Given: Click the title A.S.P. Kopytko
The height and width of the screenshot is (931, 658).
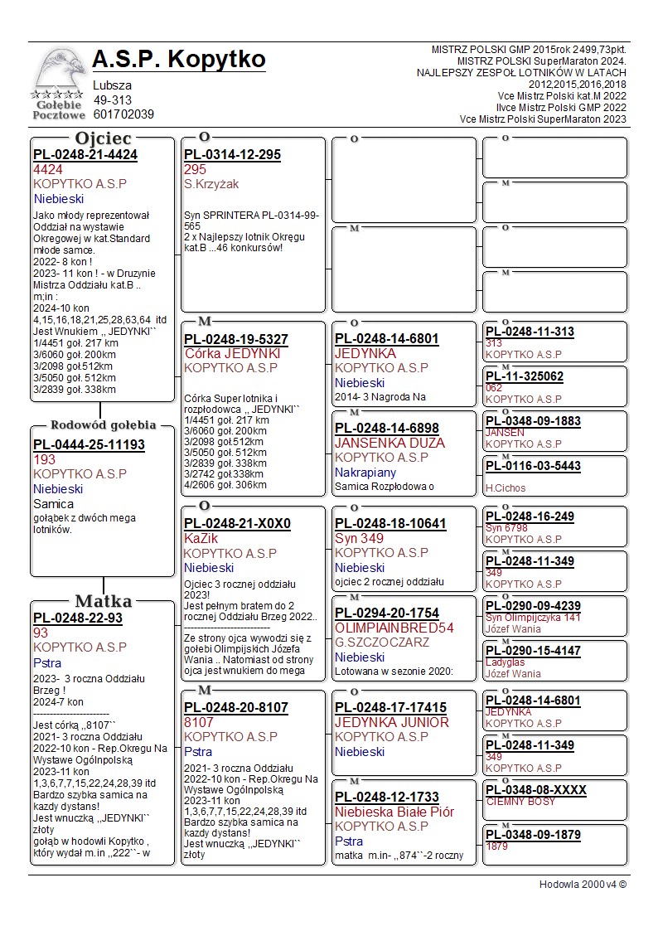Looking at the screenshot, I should pyautogui.click(x=179, y=60).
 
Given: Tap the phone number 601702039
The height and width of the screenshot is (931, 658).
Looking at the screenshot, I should pyautogui.click(x=123, y=114).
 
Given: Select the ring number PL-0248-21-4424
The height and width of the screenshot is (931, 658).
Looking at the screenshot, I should pyautogui.click(x=85, y=155).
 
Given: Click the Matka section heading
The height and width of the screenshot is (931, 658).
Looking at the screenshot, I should pyautogui.click(x=103, y=601).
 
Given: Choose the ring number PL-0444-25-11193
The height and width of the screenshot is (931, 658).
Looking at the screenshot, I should pyautogui.click(x=89, y=445).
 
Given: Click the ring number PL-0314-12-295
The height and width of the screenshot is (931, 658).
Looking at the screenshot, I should pyautogui.click(x=232, y=155).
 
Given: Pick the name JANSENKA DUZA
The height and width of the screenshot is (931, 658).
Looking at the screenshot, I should pyautogui.click(x=389, y=443).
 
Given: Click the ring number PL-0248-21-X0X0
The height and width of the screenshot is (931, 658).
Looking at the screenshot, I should pyautogui.click(x=237, y=524).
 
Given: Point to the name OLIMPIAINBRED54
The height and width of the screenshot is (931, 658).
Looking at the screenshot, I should pyautogui.click(x=394, y=628).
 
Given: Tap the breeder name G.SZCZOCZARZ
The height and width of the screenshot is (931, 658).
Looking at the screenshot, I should pyautogui.click(x=382, y=642).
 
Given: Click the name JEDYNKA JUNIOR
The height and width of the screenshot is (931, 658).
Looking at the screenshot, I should pyautogui.click(x=391, y=722).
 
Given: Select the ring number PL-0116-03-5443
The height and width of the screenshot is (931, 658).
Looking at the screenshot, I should pyautogui.click(x=533, y=466).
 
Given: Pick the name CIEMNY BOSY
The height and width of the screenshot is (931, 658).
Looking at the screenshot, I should pyautogui.click(x=520, y=802).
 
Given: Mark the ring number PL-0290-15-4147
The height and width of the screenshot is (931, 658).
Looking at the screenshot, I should pyautogui.click(x=533, y=651).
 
